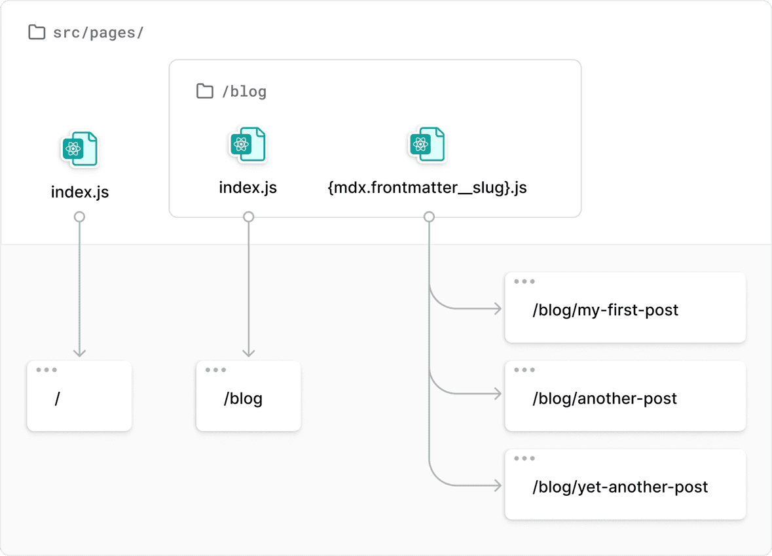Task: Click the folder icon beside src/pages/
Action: point(37,32)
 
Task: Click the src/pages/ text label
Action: point(98,33)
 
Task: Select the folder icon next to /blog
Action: point(205,91)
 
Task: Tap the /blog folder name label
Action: point(244,92)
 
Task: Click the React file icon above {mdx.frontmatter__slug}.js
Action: point(426,145)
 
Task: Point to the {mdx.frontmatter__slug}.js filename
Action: point(427,188)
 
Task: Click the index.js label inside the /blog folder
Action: point(248,188)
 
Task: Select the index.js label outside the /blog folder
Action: point(80,192)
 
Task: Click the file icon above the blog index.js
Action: point(248,145)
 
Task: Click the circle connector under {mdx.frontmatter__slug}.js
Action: point(429,217)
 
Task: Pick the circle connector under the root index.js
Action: point(79,217)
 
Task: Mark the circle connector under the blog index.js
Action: point(248,217)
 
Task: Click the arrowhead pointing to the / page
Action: point(79,353)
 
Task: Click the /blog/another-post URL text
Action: point(604,398)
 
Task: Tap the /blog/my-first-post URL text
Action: point(605,309)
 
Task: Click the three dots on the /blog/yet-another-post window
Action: point(524,459)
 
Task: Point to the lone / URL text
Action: point(58,398)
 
